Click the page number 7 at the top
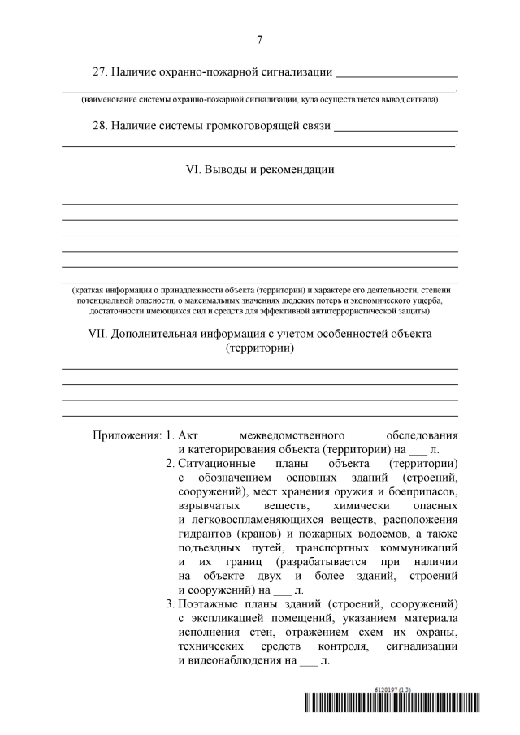(259, 39)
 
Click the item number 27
(100, 72)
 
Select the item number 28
(100, 126)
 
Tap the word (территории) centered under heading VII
(259, 348)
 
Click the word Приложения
(127, 435)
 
